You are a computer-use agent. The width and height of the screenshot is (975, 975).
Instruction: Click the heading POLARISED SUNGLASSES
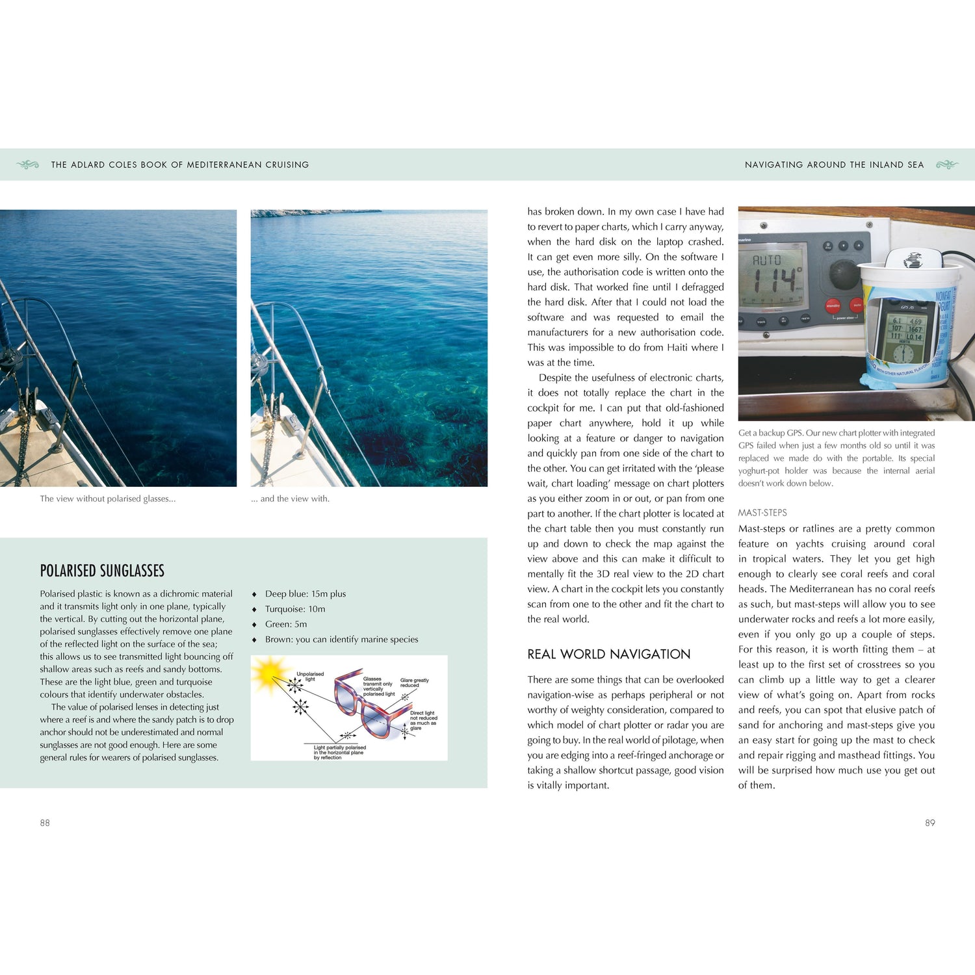tap(102, 571)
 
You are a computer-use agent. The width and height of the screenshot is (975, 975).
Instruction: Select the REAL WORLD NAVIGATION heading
tap(608, 654)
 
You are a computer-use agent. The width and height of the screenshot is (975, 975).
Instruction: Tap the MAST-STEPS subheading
tap(762, 513)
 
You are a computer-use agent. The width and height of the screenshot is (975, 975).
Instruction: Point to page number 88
tap(45, 823)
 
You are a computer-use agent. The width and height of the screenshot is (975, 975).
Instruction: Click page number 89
tap(930, 823)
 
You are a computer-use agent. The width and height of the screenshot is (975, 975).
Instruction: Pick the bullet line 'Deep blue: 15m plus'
tap(305, 594)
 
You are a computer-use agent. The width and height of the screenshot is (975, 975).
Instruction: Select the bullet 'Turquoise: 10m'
tap(294, 609)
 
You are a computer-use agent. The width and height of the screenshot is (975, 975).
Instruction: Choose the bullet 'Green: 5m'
tap(285, 624)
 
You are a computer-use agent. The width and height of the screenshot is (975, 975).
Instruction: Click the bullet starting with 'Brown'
tap(341, 640)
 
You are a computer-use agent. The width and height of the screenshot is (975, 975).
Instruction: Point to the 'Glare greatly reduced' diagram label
tap(414, 682)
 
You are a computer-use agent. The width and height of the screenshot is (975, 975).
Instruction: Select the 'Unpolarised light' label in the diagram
tap(310, 676)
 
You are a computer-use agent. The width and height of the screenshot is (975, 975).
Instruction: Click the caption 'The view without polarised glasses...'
tap(108, 499)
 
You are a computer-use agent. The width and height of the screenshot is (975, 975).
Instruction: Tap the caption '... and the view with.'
tap(290, 499)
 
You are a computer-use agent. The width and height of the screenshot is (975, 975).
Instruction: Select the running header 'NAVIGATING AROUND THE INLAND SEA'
tap(834, 165)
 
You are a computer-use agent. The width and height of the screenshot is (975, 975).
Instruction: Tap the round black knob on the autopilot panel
tap(844, 274)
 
